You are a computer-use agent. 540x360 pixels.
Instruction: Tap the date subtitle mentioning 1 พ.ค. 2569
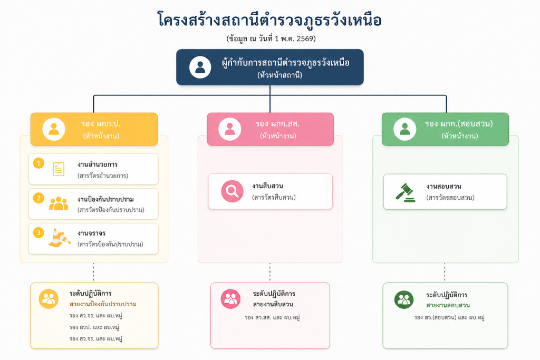(270, 38)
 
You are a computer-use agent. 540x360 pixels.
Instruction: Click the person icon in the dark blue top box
(200, 67)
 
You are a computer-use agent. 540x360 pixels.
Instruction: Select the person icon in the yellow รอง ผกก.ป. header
(53, 129)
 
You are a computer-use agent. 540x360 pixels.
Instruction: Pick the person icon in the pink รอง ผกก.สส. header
(229, 129)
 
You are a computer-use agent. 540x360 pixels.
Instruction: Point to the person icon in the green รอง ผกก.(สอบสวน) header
(404, 129)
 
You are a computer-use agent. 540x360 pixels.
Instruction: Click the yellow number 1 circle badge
(38, 163)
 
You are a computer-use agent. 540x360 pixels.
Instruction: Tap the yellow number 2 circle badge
(38, 198)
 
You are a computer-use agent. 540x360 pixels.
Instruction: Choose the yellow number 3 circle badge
(38, 232)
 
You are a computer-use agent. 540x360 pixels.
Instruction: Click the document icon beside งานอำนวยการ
(59, 169)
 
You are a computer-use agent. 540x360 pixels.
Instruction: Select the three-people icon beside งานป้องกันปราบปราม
(59, 203)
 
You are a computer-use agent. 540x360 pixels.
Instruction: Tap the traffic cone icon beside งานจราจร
(59, 238)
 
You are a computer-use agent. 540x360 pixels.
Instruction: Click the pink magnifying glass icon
(232, 191)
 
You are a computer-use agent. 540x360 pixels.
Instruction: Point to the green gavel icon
(406, 192)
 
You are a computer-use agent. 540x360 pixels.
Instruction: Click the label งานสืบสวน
(268, 186)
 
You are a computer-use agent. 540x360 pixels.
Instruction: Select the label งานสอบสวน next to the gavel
(443, 187)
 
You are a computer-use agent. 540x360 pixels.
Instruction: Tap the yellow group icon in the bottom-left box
(49, 299)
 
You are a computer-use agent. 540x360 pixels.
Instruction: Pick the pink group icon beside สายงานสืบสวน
(231, 299)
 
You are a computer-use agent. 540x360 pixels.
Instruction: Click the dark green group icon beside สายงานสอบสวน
(404, 299)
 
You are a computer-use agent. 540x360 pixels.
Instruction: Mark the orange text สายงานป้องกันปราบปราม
(103, 305)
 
